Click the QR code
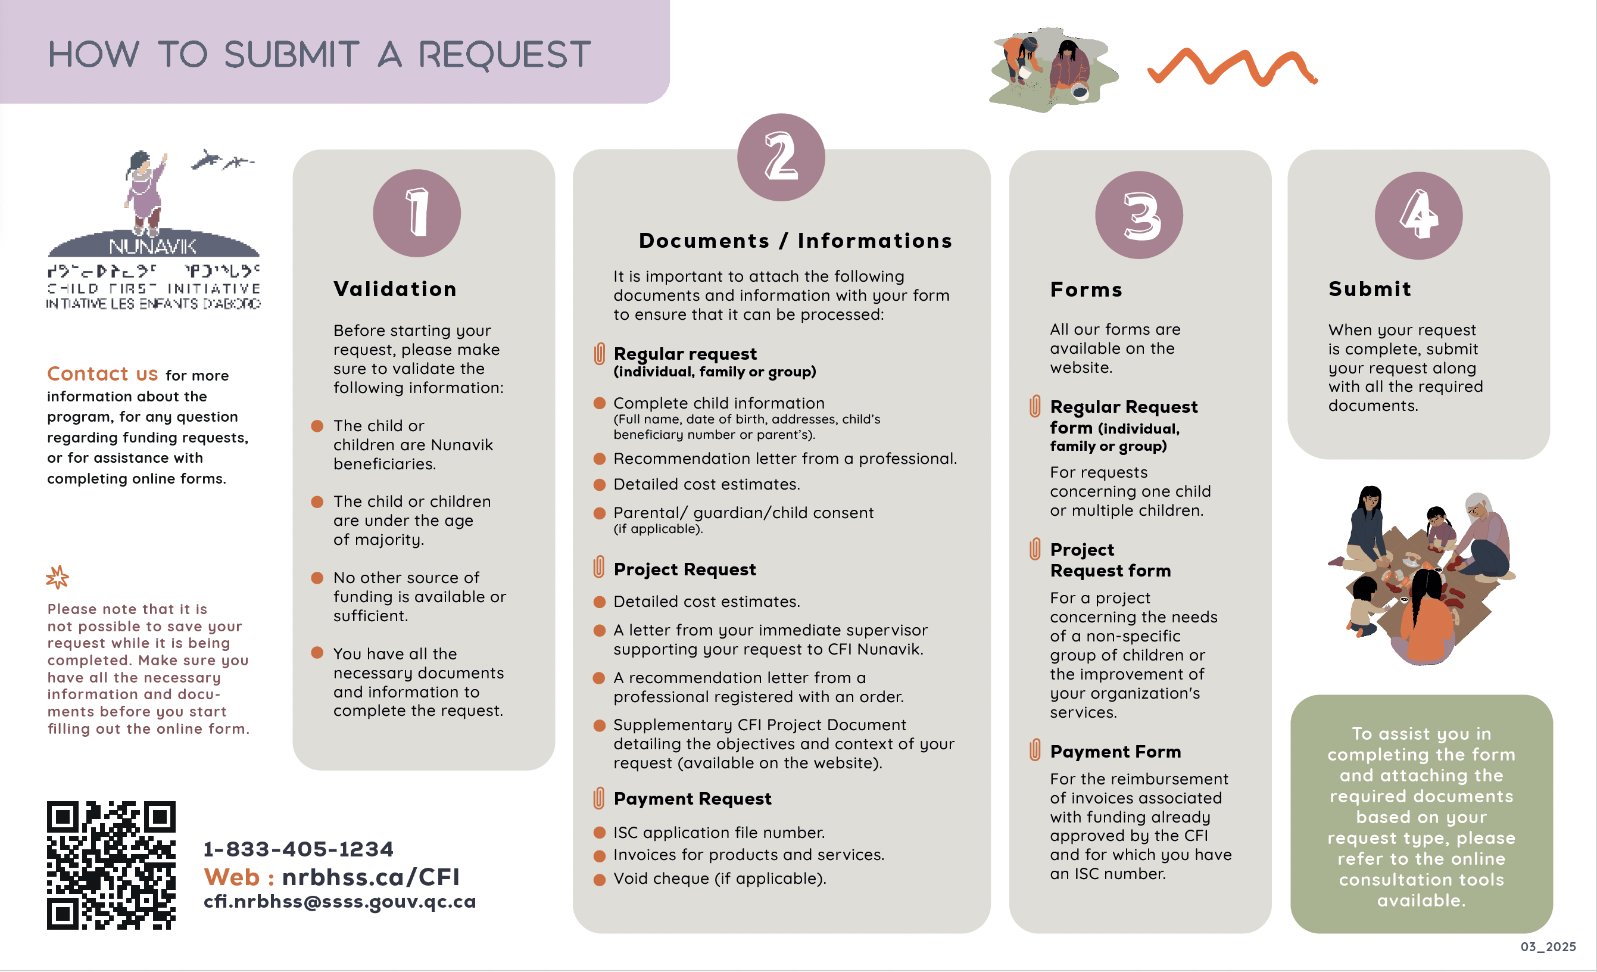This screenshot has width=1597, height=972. click(x=111, y=865)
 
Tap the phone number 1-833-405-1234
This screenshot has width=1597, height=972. click(x=298, y=849)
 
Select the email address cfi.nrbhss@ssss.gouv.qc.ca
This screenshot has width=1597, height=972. click(x=339, y=901)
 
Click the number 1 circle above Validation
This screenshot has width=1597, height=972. click(x=417, y=213)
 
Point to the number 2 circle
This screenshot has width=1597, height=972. click(x=781, y=158)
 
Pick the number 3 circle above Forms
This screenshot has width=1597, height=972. click(x=1139, y=215)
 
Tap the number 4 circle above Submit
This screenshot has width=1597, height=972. click(x=1418, y=215)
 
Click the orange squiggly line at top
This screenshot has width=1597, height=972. click(x=1231, y=68)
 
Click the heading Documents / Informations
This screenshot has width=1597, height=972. click(x=796, y=241)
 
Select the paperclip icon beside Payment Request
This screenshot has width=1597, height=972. click(x=599, y=798)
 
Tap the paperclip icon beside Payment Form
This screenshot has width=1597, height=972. click(x=1035, y=750)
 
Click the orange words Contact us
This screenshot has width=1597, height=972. click(x=102, y=374)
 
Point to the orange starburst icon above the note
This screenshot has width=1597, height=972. click(x=58, y=577)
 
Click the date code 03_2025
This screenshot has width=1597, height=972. click(x=1548, y=947)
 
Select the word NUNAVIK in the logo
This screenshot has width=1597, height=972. click(x=153, y=247)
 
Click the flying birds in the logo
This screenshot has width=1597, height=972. click(x=222, y=160)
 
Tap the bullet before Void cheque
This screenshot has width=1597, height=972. click(x=600, y=879)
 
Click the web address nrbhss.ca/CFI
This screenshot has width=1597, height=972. click(x=370, y=877)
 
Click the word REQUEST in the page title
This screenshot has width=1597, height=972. click(x=504, y=54)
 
